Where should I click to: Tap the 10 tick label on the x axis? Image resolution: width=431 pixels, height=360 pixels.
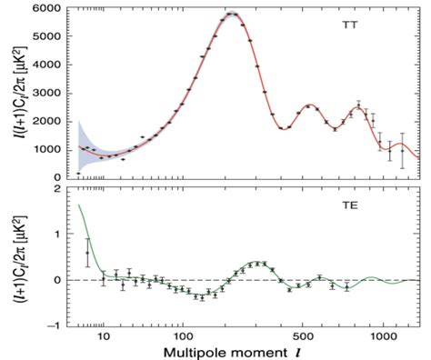tap(103, 336)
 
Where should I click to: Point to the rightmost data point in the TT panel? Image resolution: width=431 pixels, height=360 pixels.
tap(403, 146)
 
